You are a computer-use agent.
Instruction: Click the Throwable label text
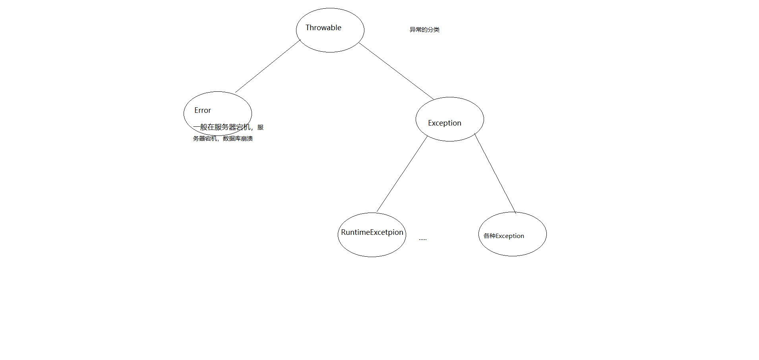[x=323, y=28]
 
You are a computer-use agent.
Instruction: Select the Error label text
[x=202, y=110]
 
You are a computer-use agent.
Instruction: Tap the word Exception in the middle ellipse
[x=444, y=123]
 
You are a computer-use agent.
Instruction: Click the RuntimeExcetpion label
[x=372, y=232]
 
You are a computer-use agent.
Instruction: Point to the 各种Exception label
[x=503, y=236]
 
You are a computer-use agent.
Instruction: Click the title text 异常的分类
[x=424, y=30]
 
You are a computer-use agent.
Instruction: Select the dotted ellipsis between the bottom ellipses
[x=422, y=239]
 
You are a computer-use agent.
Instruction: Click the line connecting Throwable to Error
[x=267, y=66]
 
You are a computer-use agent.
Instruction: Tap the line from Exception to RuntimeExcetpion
[x=402, y=174]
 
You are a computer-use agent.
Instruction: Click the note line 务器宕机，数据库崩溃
[x=223, y=139]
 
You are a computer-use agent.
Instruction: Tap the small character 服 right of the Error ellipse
[x=260, y=128]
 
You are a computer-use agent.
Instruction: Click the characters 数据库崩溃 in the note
[x=238, y=139]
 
